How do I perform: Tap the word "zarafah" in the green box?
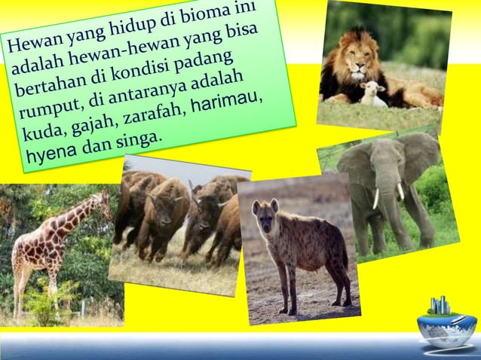[155, 115]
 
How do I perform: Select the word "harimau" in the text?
[225, 103]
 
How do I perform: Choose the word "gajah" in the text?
[96, 126]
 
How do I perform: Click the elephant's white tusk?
[376, 198]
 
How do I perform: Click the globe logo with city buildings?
[446, 321]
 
